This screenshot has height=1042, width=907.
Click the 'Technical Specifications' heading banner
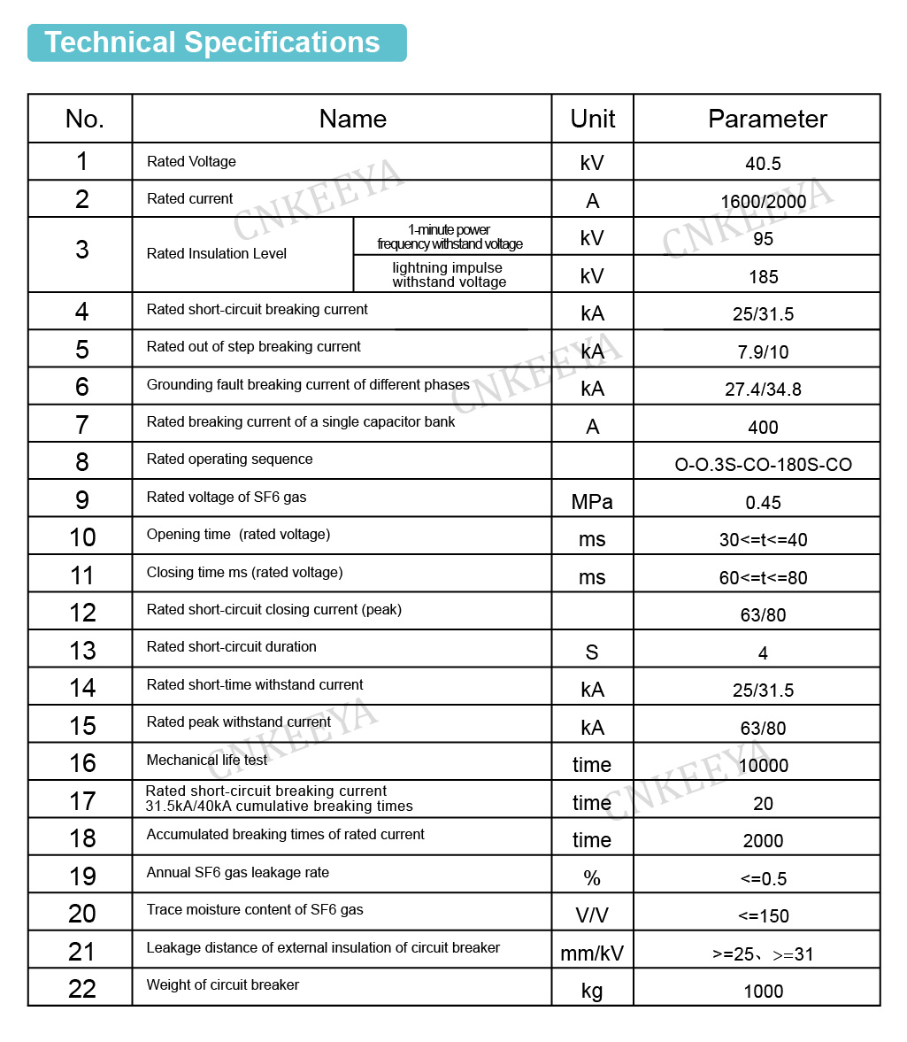(216, 42)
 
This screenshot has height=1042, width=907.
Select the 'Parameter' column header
(767, 119)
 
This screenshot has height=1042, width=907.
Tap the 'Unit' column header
(592, 119)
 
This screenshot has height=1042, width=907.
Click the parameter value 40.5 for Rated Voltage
(763, 164)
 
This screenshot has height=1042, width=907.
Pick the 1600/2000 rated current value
(763, 202)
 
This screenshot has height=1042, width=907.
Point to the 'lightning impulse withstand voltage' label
(449, 274)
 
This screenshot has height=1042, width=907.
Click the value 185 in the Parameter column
(763, 277)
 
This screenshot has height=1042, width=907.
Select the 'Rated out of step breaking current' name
(254, 347)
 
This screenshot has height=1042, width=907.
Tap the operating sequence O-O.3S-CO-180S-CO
(763, 465)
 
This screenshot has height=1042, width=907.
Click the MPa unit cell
(592, 502)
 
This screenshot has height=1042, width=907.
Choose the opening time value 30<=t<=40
(763, 540)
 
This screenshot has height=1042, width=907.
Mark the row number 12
(82, 613)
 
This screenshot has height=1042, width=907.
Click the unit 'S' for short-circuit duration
(592, 653)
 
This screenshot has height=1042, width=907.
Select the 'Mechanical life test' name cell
(207, 760)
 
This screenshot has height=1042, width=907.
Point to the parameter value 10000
(763, 766)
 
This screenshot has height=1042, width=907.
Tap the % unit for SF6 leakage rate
(592, 878)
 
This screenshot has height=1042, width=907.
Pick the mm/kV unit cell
(592, 953)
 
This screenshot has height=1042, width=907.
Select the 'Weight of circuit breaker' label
(223, 985)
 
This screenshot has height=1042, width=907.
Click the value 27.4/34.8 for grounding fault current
(763, 390)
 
